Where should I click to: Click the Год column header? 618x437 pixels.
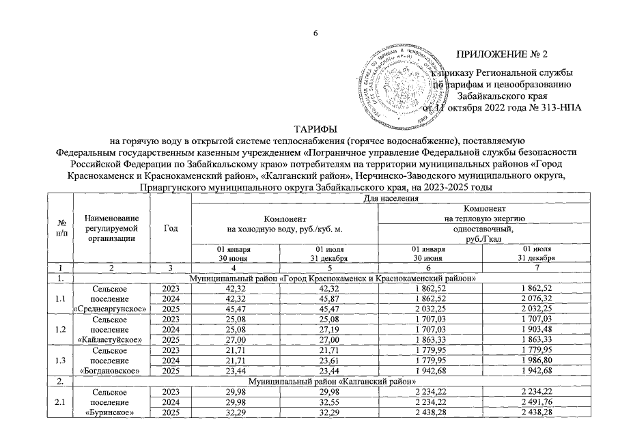pos(167,229)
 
